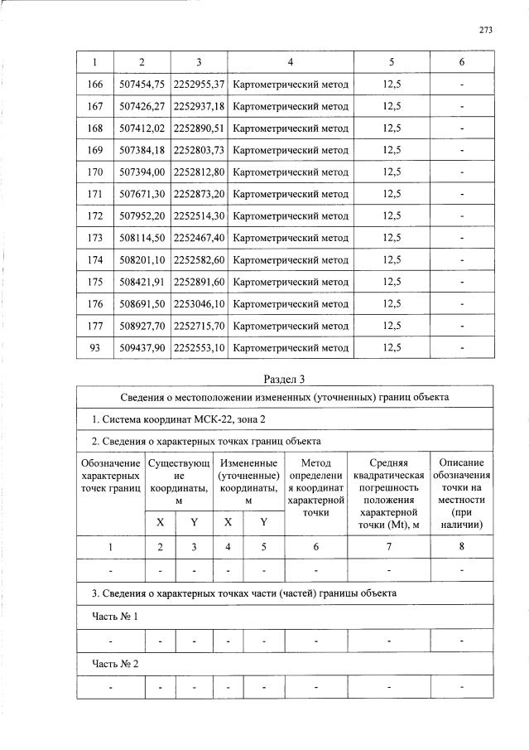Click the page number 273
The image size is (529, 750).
[485, 30]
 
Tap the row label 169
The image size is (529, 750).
[95, 150]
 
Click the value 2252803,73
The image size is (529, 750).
[199, 150]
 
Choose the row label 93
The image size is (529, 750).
[95, 347]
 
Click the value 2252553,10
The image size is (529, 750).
[199, 347]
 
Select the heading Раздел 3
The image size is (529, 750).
[284, 380]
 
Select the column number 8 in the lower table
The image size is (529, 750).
[461, 547]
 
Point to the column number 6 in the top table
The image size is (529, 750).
[461, 62]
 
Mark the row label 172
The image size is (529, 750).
[95, 215]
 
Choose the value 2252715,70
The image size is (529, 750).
[199, 326]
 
